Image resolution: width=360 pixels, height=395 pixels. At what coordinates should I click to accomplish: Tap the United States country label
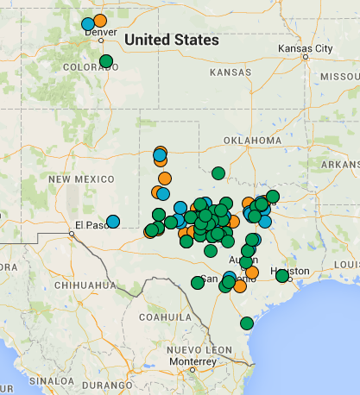tap(171, 40)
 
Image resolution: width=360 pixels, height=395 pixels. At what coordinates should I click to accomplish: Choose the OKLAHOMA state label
tap(252, 140)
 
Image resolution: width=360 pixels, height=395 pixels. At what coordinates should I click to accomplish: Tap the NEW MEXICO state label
tap(82, 179)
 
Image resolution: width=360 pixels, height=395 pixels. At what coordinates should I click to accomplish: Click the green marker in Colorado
tap(106, 61)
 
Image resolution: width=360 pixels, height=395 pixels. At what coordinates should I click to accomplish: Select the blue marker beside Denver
tap(87, 23)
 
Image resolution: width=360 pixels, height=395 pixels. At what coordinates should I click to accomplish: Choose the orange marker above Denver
tap(100, 20)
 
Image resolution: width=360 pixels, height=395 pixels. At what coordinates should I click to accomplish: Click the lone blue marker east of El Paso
tap(113, 222)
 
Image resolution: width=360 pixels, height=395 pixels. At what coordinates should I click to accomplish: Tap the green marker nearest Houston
tap(282, 276)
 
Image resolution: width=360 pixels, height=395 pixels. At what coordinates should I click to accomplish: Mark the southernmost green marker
tap(247, 323)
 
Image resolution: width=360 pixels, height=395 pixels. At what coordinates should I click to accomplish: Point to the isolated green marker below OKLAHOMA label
tap(218, 172)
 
